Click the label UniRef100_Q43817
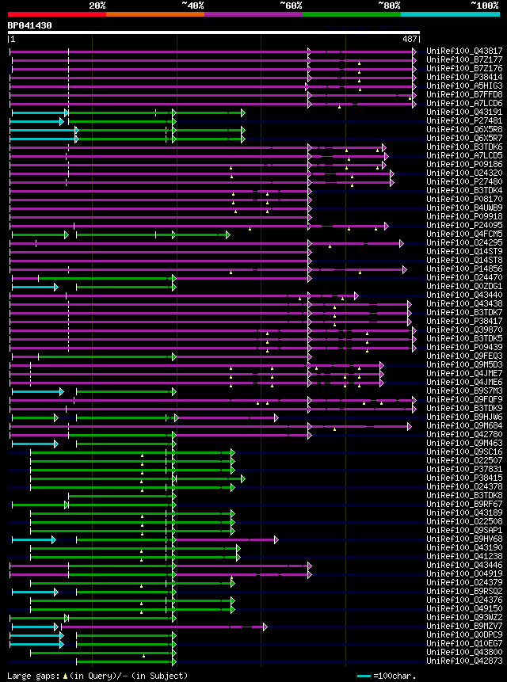point(464,51)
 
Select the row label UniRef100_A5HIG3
point(464,86)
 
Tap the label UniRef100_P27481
point(464,120)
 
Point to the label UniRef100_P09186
point(464,164)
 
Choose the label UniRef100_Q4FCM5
point(464,234)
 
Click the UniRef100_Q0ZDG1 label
point(464,286)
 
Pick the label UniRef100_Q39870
point(464,330)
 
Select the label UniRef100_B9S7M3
point(464,391)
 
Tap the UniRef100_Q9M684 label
point(464,425)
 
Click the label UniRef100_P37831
point(464,469)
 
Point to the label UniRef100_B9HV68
point(464,539)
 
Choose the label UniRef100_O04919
point(464,573)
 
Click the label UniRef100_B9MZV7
point(464,626)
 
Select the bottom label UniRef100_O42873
point(464,661)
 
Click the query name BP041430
point(30,25)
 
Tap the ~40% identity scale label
point(193,6)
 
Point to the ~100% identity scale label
point(484,6)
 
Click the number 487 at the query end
point(410,39)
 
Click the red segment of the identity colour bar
point(56,14)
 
